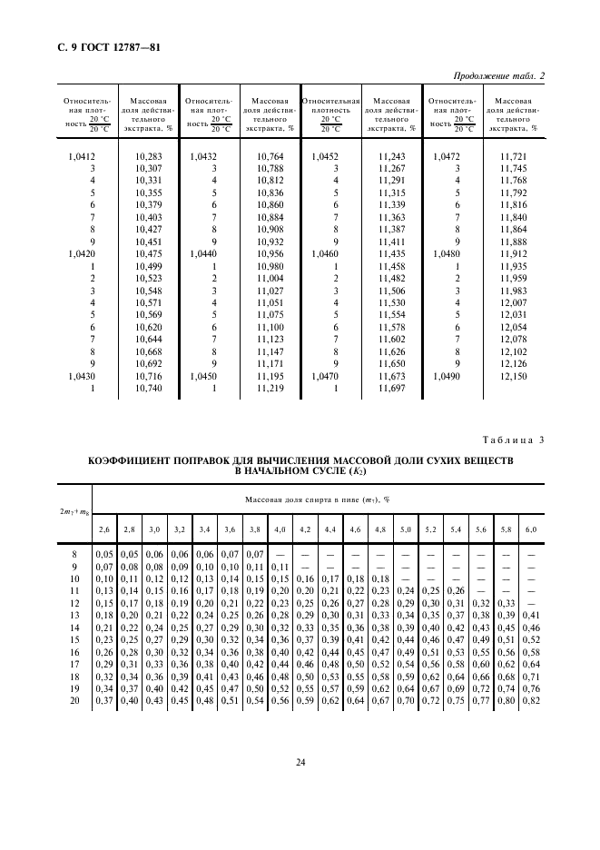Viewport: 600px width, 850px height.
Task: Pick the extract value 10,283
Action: [147, 157]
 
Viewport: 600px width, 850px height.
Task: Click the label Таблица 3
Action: [513, 440]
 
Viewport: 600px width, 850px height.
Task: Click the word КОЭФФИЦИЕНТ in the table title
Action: [130, 461]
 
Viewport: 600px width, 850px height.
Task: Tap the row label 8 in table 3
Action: [74, 553]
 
